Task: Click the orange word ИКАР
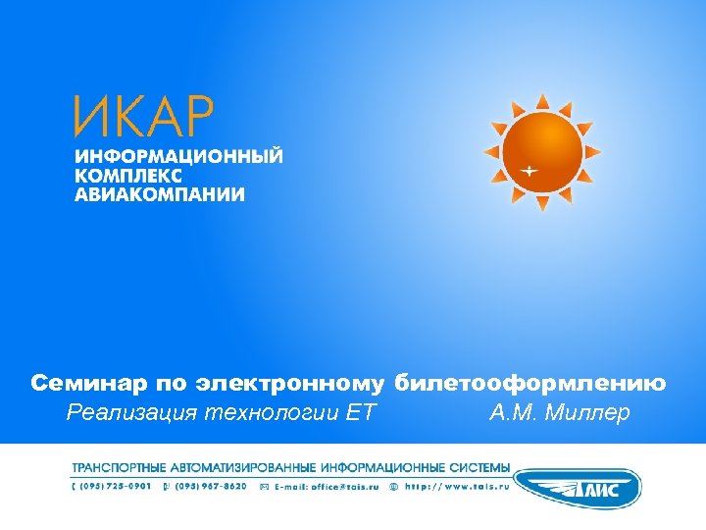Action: coord(142,117)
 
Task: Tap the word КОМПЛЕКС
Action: coord(127,175)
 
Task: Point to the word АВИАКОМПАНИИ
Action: coord(160,193)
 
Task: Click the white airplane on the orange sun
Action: coord(529,171)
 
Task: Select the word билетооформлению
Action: coord(531,383)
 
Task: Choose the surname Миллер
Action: coord(587,412)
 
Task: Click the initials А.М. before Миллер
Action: coord(512,412)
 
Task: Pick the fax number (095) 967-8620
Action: coord(212,485)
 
